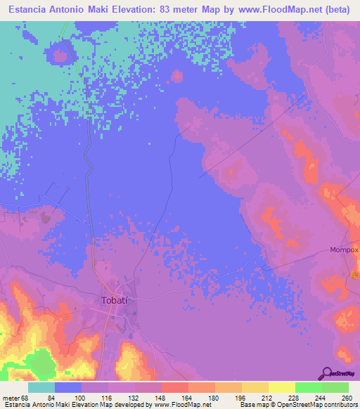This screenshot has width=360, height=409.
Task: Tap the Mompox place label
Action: [x=344, y=249]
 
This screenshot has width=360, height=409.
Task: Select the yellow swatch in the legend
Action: [x=282, y=387]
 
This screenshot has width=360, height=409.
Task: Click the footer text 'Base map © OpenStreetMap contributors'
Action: [x=297, y=404]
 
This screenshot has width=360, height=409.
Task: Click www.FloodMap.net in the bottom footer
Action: [x=183, y=404]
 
